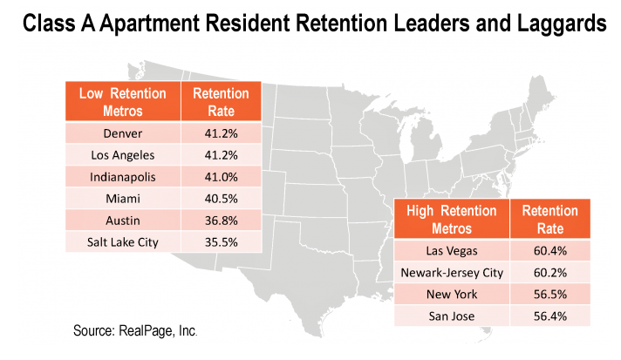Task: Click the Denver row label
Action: pos(122,133)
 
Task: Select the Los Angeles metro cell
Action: pos(122,155)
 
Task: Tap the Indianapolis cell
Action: pos(122,176)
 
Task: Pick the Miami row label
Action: pos(122,198)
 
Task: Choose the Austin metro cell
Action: pos(122,220)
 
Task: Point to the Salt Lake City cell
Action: pos(122,241)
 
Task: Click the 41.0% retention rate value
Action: pos(221,176)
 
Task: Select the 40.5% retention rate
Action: pos(221,198)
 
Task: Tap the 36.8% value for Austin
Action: pos(221,220)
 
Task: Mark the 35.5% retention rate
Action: pos(221,241)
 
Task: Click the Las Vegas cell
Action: pos(452,251)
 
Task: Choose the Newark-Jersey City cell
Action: pos(452,272)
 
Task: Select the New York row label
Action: pos(452,294)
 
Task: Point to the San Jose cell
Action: pos(452,316)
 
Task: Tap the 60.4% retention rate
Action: pos(550,251)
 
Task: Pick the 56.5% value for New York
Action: pos(550,294)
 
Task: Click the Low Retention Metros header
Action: pos(122,102)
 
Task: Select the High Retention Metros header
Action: pos(452,220)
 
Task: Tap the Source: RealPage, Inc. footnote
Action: pos(135,332)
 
